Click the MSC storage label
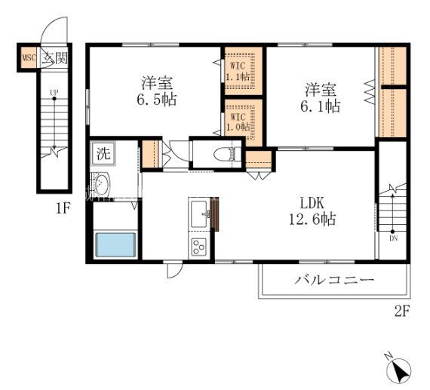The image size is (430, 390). click(29, 58)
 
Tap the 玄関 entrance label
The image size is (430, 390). click(54, 58)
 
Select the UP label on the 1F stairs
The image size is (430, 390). click(54, 93)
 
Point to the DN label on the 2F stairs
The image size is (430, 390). click(394, 238)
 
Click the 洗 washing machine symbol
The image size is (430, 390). click(103, 154)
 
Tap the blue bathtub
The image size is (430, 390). click(116, 244)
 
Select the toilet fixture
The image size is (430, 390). click(225, 155)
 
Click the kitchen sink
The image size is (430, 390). click(199, 214)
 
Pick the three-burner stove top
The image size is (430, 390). click(199, 247)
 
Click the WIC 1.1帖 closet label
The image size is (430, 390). click(238, 72)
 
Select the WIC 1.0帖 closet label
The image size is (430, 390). click(238, 121)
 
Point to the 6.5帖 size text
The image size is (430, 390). click(157, 100)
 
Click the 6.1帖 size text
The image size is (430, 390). click(321, 106)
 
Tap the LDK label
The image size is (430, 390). click(312, 204)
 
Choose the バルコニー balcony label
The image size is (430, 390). click(334, 280)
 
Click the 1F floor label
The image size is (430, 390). click(63, 209)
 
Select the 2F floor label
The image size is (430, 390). click(402, 312)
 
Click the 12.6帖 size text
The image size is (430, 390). click(312, 220)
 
